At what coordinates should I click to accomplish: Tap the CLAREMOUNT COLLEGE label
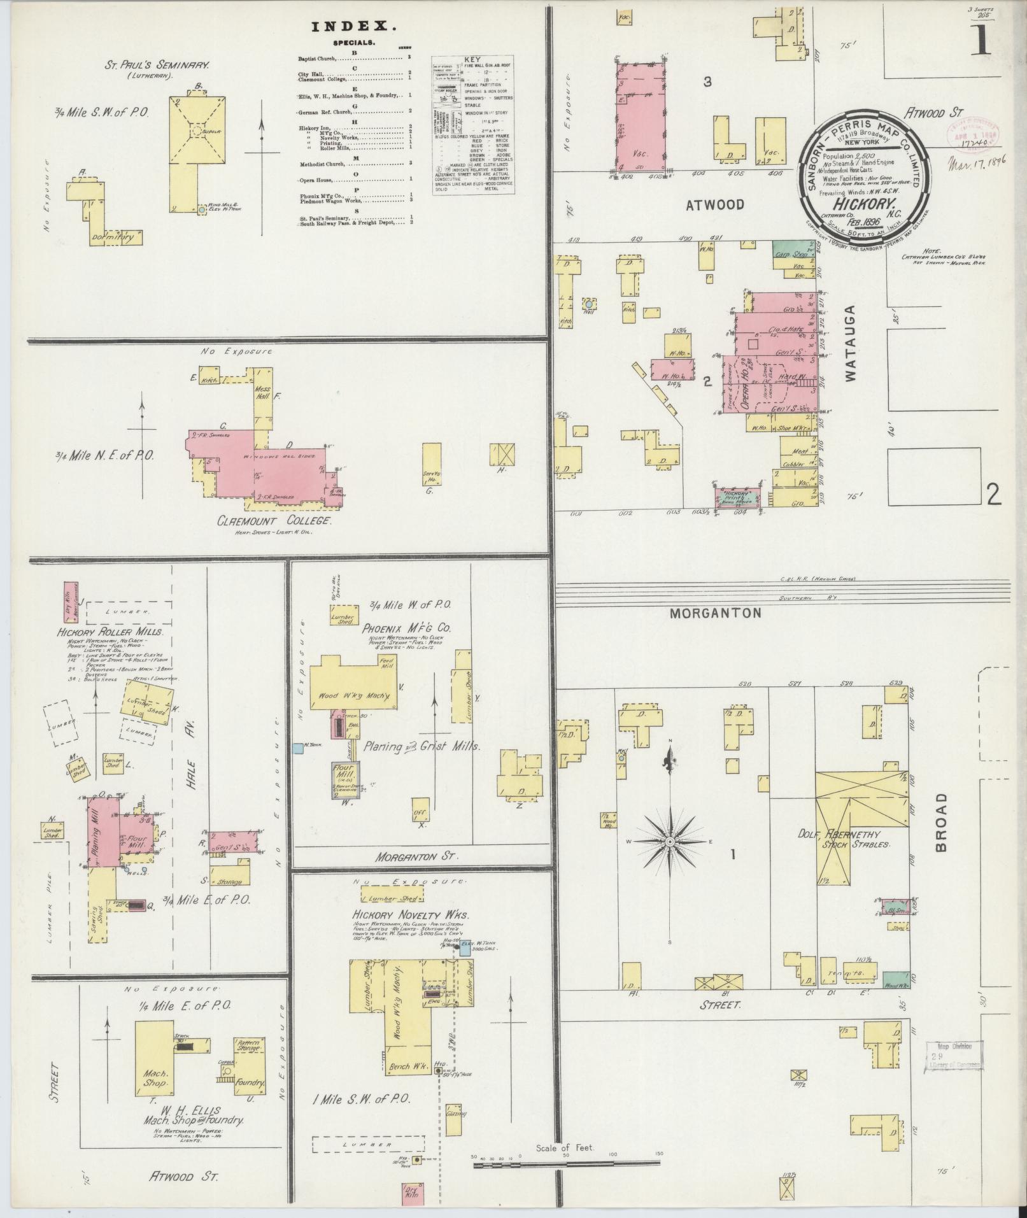(x=275, y=520)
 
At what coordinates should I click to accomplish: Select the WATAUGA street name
(x=851, y=343)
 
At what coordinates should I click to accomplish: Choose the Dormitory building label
(x=115, y=237)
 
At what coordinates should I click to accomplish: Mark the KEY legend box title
(x=472, y=57)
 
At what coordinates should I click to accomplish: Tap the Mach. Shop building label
(x=153, y=1077)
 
